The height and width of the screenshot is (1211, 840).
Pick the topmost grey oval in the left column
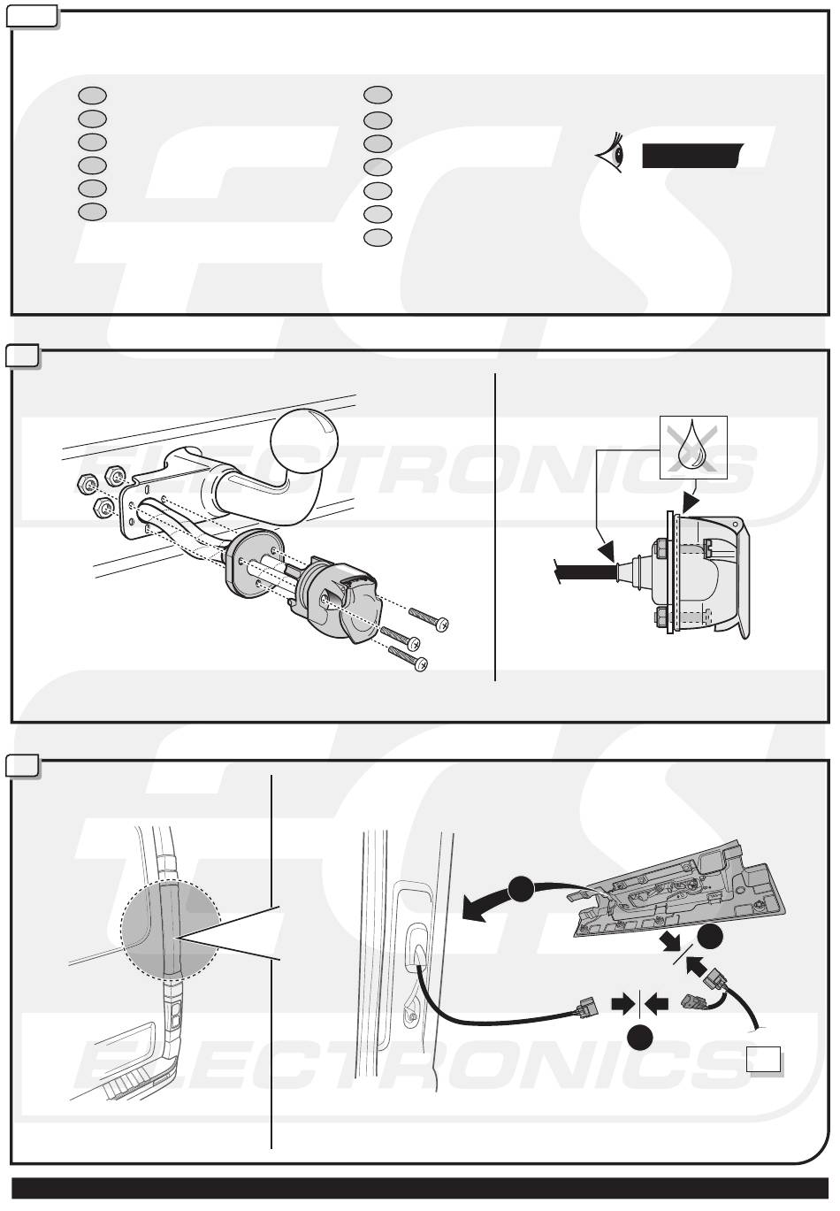coord(92,94)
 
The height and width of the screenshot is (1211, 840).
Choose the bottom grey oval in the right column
coord(378,236)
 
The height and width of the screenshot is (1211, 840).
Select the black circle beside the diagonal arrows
coord(711,942)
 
